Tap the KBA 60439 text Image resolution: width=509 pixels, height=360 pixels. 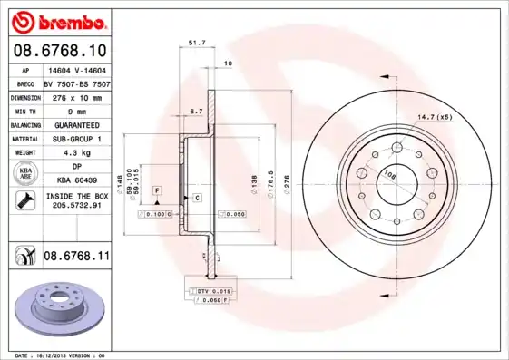pos(75,180)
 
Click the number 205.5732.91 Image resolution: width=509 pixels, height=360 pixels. pos(75,206)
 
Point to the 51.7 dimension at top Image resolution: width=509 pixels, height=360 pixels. pos(194,42)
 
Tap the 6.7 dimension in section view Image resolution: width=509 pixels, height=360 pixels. pos(194,111)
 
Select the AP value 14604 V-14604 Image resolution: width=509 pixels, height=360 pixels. pos(75,69)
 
